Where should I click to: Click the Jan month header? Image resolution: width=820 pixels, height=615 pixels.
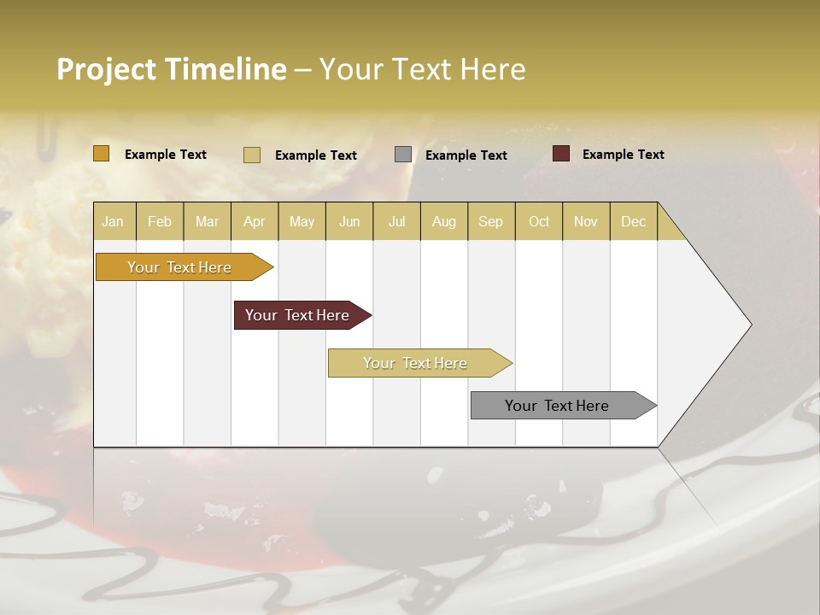113,221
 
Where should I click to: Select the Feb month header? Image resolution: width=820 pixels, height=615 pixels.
160,221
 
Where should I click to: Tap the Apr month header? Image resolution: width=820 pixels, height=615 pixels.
255,221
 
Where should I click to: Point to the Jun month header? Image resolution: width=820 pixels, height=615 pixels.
349,221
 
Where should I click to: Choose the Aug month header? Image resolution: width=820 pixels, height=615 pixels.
444,221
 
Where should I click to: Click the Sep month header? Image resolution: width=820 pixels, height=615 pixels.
490,221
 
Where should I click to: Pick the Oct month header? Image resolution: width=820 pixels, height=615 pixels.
539,221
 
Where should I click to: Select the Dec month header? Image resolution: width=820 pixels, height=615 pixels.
634,221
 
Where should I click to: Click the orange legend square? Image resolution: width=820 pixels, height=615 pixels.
101,154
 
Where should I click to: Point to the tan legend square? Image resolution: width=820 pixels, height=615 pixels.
252,155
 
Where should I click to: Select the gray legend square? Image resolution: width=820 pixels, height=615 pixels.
403,155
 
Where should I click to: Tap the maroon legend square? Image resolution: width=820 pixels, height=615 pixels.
561,154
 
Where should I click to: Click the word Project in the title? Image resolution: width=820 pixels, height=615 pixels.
106,69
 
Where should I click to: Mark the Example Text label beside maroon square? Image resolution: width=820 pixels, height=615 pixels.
623,155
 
